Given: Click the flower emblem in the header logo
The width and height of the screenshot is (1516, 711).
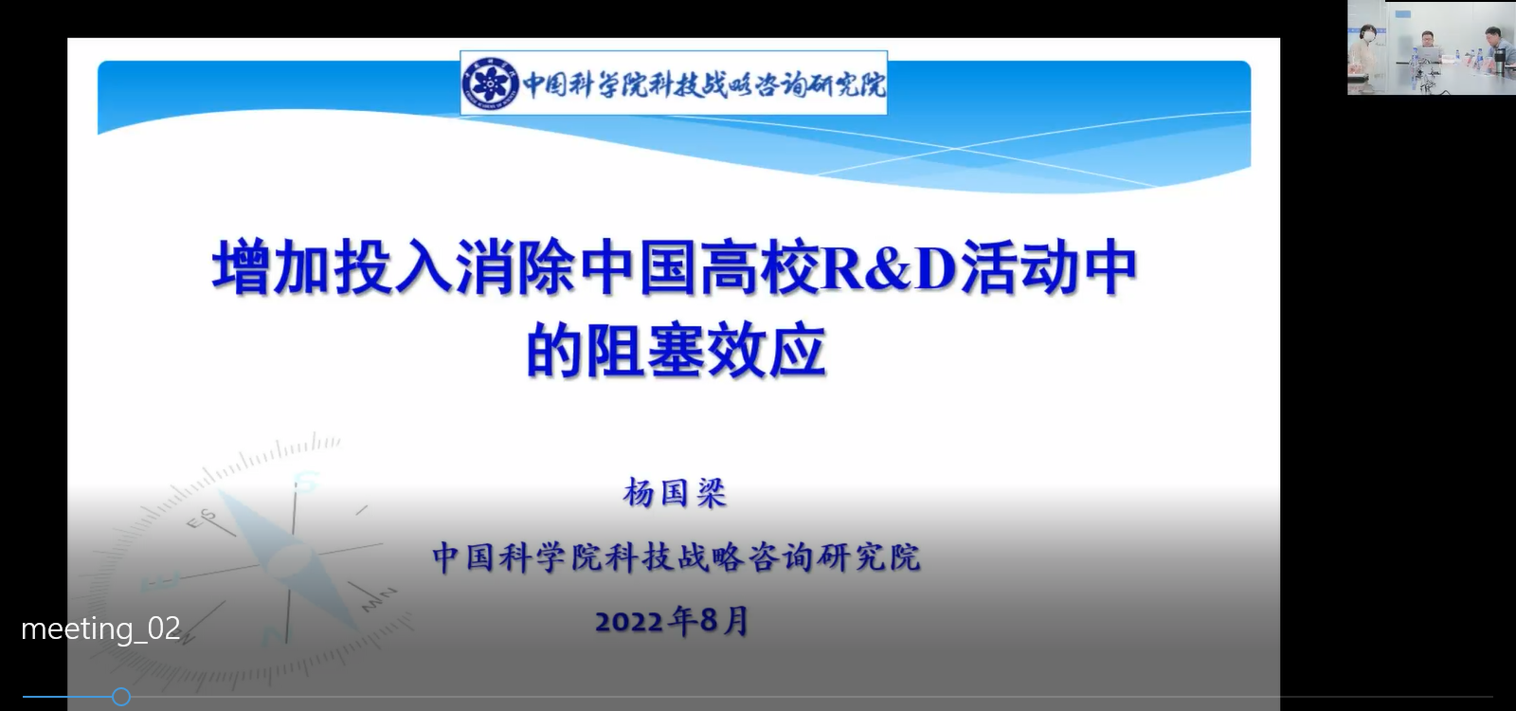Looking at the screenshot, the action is [x=490, y=83].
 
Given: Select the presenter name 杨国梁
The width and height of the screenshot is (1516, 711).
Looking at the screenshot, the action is [x=675, y=492].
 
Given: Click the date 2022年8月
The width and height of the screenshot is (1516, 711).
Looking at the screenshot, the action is [x=673, y=620].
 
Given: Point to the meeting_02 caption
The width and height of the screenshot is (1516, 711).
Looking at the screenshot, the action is [x=100, y=629].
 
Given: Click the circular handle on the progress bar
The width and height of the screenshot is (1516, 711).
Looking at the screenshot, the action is [x=121, y=696].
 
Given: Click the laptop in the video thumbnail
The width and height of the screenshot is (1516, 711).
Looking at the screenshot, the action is [x=1429, y=53].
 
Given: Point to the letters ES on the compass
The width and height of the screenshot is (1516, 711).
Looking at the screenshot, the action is [x=201, y=519].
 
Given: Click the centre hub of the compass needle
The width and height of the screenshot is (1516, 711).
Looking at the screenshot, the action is [x=290, y=558].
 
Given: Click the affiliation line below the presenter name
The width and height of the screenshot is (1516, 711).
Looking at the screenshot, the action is [x=677, y=557].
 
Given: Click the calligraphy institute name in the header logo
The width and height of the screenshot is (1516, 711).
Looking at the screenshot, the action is [x=704, y=84].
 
